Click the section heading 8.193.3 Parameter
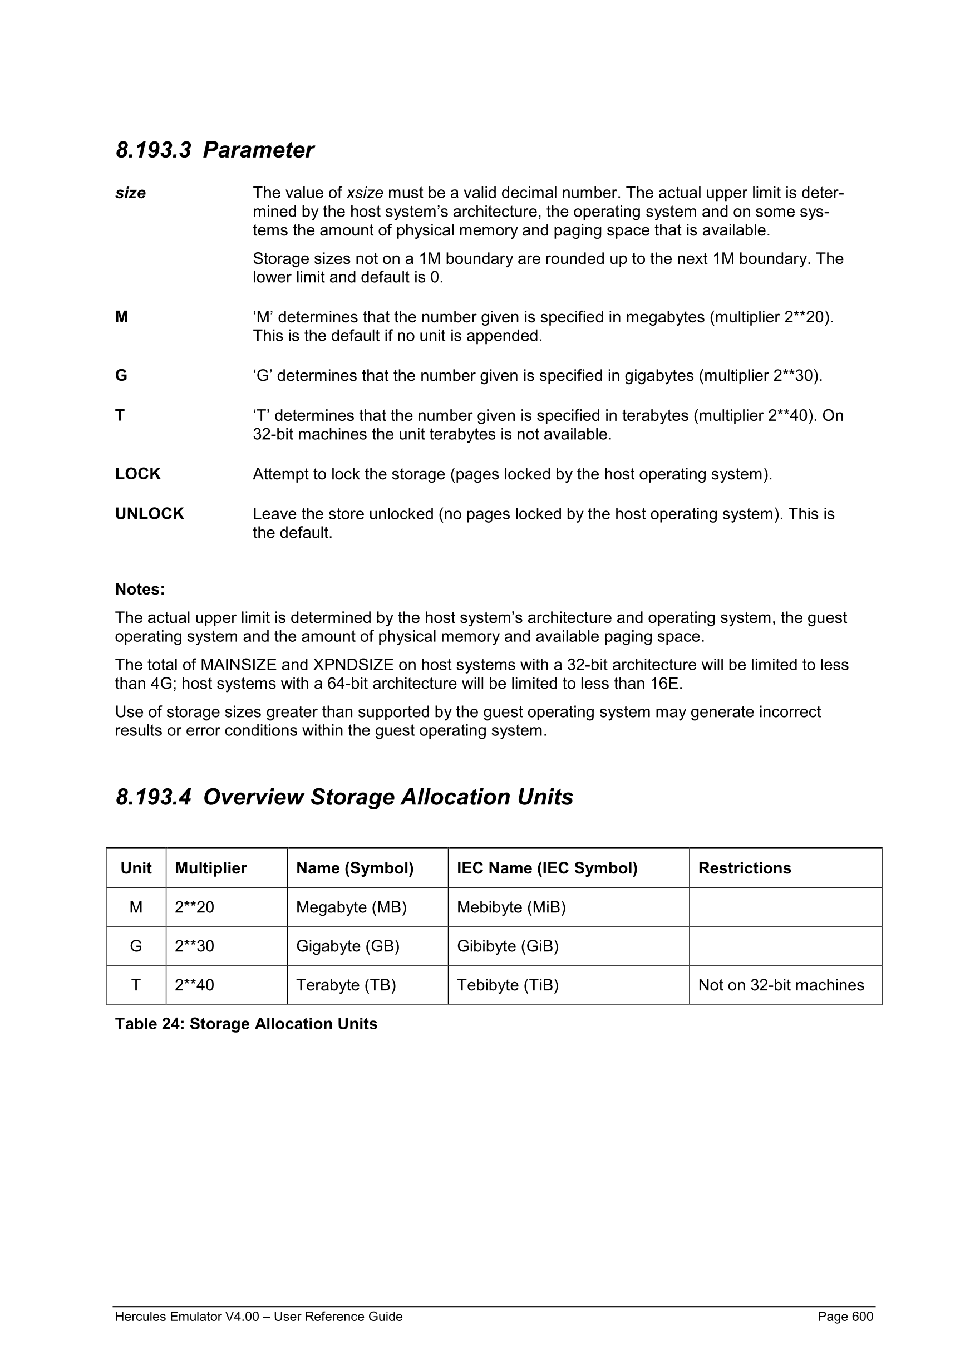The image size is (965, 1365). pyautogui.click(x=214, y=150)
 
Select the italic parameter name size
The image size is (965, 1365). pyautogui.click(x=130, y=193)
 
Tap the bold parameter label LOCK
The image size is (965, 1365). pyautogui.click(x=138, y=474)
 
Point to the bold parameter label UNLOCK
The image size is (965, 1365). pyautogui.click(x=150, y=514)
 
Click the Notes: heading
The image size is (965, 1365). pyautogui.click(x=140, y=589)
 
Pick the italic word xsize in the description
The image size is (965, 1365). pyautogui.click(x=365, y=193)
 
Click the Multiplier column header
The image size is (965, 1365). pyautogui.click(x=210, y=868)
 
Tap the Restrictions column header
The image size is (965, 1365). pyautogui.click(x=745, y=868)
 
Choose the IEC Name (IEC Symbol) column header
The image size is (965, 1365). pyautogui.click(x=546, y=868)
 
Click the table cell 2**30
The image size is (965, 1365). pyautogui.click(x=194, y=946)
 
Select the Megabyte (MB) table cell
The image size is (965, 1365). pyautogui.click(x=351, y=907)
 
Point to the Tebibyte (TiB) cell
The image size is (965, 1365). pyautogui.click(x=508, y=985)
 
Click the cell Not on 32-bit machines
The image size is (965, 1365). pyautogui.click(x=781, y=985)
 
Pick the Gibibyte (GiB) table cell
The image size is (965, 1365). pyautogui.click(x=508, y=946)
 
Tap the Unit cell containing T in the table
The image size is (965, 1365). pyautogui.click(x=136, y=985)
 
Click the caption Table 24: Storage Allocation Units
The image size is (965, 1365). pyautogui.click(x=246, y=1024)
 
